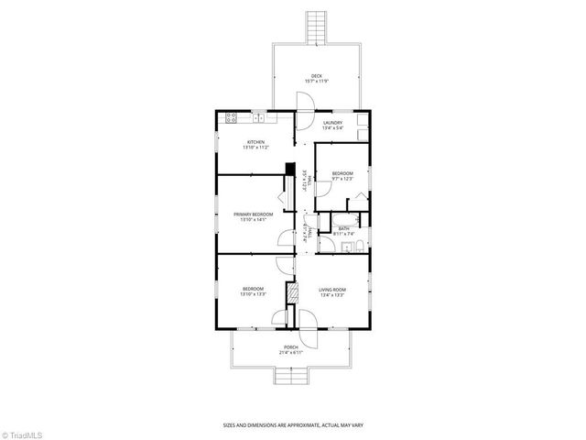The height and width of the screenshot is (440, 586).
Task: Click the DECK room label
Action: coord(316,76)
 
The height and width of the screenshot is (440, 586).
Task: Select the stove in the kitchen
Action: coord(230,117)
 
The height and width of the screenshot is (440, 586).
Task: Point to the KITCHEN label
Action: coord(255,141)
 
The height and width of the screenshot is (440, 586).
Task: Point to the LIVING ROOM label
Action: coord(331,289)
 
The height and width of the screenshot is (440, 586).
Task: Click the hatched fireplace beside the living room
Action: coord(293,292)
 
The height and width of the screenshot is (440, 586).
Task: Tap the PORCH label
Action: coord(291,346)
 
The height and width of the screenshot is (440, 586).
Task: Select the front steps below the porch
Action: coord(291,377)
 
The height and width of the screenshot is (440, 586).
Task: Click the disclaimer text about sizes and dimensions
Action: coord(292,424)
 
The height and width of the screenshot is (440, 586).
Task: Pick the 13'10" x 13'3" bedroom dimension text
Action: coord(253,295)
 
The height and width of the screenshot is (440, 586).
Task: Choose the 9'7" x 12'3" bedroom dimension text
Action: coord(342,178)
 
